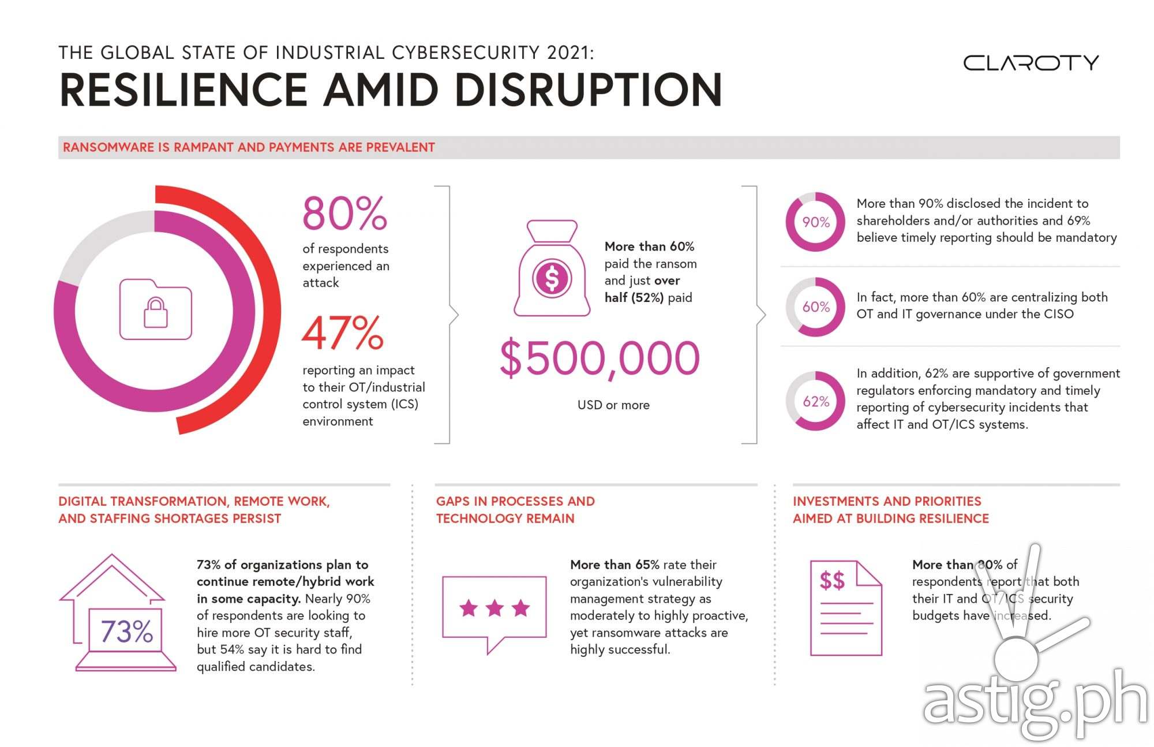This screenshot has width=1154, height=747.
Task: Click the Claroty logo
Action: click(x=1031, y=62)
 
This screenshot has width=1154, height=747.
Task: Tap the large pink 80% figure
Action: click(x=344, y=214)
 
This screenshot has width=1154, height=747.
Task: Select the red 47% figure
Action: click(x=343, y=333)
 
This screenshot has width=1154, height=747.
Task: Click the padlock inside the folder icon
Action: click(x=156, y=312)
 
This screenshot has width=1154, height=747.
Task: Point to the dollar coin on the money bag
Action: click(x=552, y=278)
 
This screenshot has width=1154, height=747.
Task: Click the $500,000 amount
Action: click(x=600, y=358)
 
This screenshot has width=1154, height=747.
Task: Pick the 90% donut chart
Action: click(x=815, y=222)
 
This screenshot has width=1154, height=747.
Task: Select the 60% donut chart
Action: click(x=815, y=307)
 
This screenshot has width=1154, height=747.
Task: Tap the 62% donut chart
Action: click(x=815, y=401)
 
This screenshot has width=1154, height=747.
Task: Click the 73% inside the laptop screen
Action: click(x=127, y=631)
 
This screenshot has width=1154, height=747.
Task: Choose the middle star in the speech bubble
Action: click(x=494, y=608)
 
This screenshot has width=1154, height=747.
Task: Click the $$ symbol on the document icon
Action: click(x=832, y=580)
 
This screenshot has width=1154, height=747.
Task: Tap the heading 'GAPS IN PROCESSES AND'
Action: click(x=515, y=501)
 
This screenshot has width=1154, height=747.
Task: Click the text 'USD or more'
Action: click(x=613, y=405)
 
